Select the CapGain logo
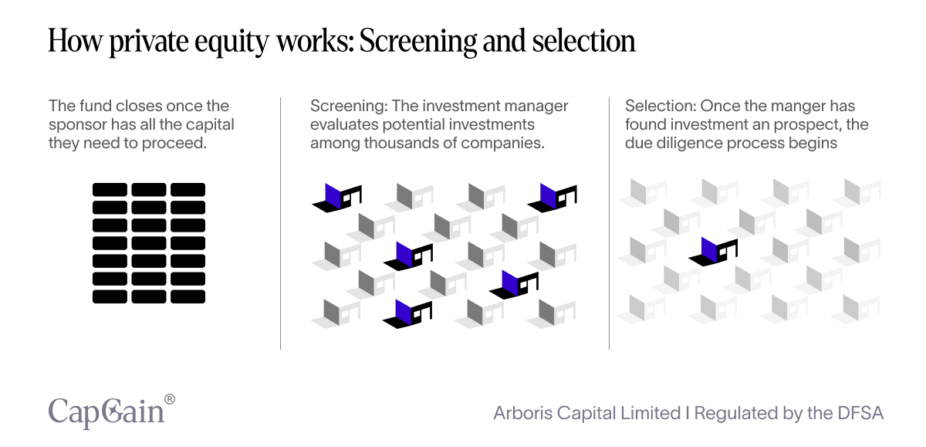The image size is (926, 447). [x=106, y=410]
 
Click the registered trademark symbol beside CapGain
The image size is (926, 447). [x=170, y=398]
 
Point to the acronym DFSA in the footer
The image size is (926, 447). [x=858, y=413]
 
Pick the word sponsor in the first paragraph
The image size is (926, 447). [x=77, y=124]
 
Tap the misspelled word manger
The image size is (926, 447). [x=796, y=106]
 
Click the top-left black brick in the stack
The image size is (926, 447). [x=110, y=189]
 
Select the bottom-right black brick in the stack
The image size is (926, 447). [x=188, y=296]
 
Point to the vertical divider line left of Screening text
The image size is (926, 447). [x=280, y=223]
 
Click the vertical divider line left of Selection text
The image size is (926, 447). [x=610, y=223]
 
